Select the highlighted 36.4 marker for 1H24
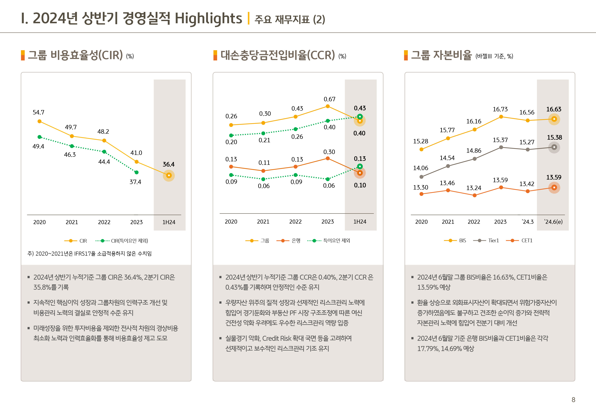(169, 176)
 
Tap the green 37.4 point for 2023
(136, 172)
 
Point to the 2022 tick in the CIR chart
(104, 222)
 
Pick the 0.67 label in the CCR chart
(330, 99)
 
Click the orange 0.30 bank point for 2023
(328, 158)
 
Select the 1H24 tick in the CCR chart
(360, 222)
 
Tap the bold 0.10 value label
(360, 185)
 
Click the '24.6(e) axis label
(553, 222)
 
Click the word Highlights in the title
(208, 19)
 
